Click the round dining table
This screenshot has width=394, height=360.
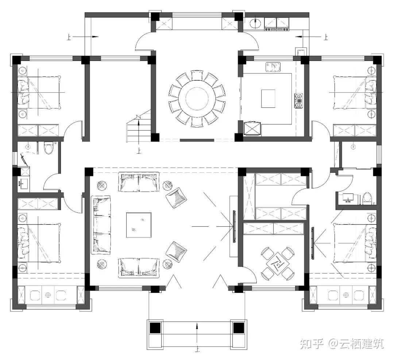197,98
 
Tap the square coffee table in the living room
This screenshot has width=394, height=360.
139,225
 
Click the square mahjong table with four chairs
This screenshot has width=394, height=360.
277,264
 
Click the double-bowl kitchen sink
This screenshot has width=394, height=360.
273,67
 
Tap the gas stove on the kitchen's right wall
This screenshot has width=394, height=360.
299,101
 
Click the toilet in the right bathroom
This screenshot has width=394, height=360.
368,198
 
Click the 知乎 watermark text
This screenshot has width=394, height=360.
311,344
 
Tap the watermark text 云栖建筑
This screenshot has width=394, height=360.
362,344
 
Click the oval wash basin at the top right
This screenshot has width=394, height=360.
256,23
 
